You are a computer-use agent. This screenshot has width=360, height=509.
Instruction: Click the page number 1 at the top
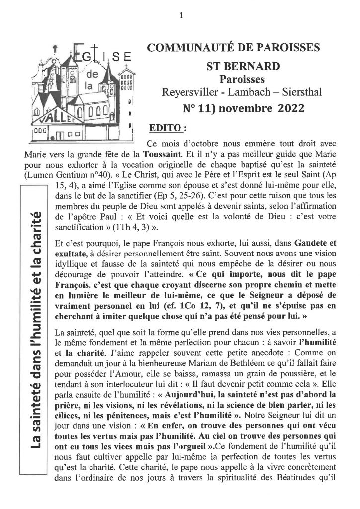click(180, 15)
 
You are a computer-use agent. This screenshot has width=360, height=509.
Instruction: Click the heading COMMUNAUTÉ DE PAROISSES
click(231, 48)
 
